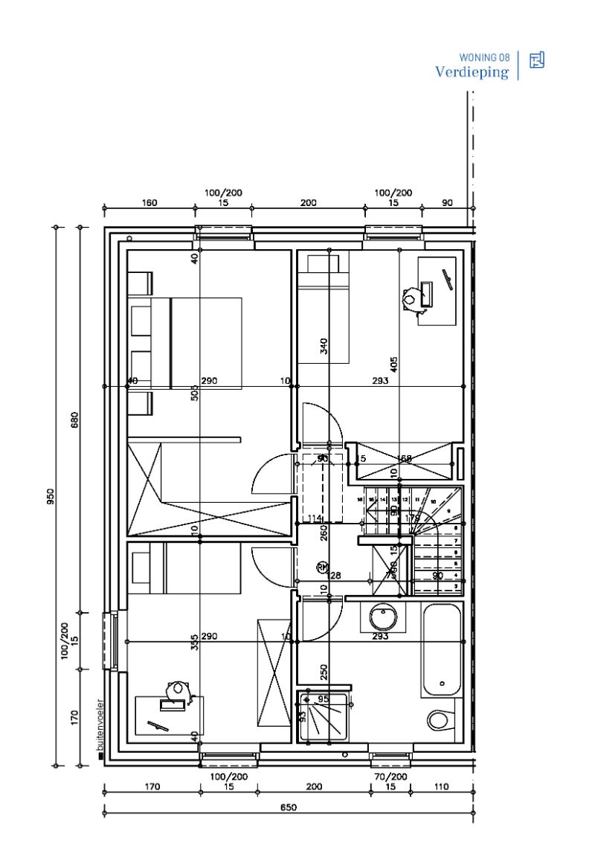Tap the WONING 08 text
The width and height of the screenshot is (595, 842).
click(x=484, y=57)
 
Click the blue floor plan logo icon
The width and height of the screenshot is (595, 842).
click(x=536, y=61)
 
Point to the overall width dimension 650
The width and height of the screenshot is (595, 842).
click(x=289, y=808)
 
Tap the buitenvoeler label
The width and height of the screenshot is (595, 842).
click(x=100, y=727)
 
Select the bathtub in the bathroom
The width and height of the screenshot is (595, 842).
click(x=441, y=650)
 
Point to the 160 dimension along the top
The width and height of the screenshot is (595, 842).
click(x=149, y=202)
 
